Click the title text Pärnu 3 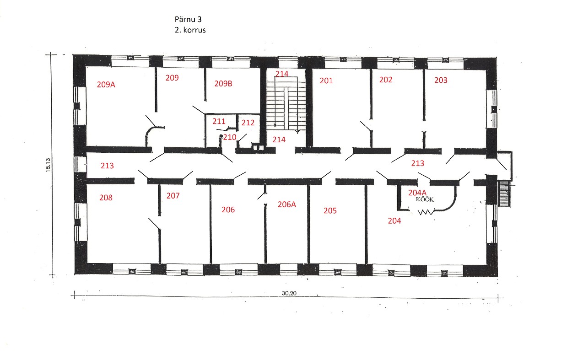click(x=188, y=19)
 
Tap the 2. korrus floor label click(x=190, y=30)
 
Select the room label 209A click(x=106, y=85)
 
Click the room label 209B click(x=223, y=84)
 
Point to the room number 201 click(x=326, y=81)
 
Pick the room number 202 click(x=386, y=80)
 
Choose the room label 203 click(x=441, y=80)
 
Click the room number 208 click(x=106, y=198)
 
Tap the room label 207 click(x=173, y=196)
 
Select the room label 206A click(x=287, y=204)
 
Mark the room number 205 click(x=330, y=210)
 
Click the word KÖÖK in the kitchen click(x=425, y=199)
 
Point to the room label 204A click(x=417, y=193)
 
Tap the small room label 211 click(x=219, y=121)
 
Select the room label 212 click(x=248, y=123)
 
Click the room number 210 click(x=230, y=137)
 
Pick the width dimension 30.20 click(x=289, y=293)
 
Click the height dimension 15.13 click(x=48, y=165)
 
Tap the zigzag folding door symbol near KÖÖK click(x=426, y=212)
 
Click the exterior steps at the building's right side click(x=504, y=193)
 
